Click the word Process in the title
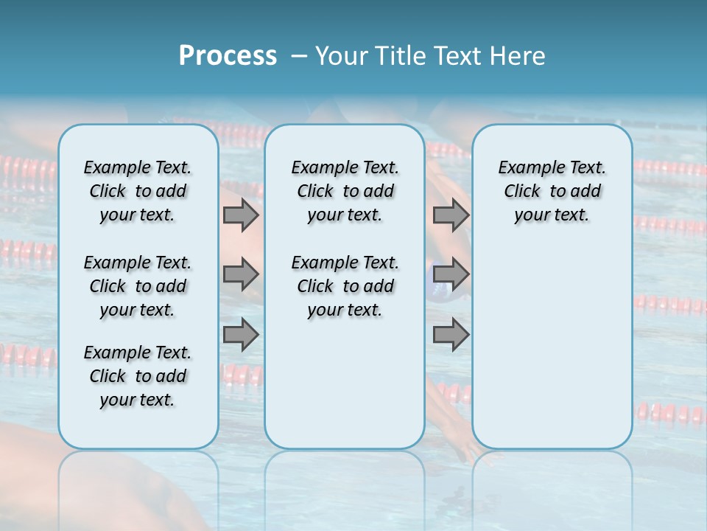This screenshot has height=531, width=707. [228, 56]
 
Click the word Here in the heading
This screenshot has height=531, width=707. [518, 56]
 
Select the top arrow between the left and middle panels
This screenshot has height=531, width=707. [241, 215]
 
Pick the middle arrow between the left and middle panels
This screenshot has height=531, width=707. [241, 274]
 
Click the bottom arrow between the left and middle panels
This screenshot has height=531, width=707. [241, 335]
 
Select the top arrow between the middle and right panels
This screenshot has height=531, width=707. [451, 215]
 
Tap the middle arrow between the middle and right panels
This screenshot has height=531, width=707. [451, 274]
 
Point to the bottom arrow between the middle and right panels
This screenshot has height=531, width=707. [451, 335]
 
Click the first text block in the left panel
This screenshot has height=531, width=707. [138, 191]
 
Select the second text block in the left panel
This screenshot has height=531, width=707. [138, 286]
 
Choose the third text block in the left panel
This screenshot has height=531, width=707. [138, 376]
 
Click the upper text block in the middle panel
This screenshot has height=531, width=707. [345, 191]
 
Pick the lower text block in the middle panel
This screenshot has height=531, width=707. [345, 286]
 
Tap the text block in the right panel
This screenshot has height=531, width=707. [552, 191]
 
